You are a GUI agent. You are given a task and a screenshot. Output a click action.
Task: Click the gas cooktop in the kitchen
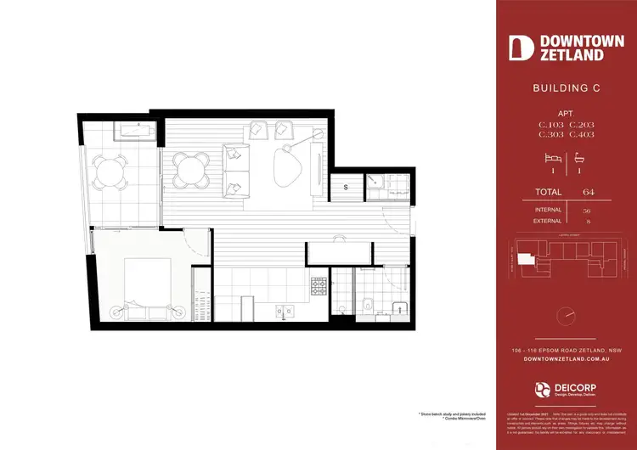tap(319, 287)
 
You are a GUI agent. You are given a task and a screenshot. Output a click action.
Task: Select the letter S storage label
tap(346, 187)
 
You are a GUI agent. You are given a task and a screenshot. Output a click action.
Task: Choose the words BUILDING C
tap(565, 88)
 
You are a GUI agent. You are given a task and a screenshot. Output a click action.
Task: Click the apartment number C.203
tap(582, 125)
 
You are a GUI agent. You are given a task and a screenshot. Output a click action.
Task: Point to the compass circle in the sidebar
tap(565, 316)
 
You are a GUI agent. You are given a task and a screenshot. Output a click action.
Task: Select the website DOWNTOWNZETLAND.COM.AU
tap(565, 360)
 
